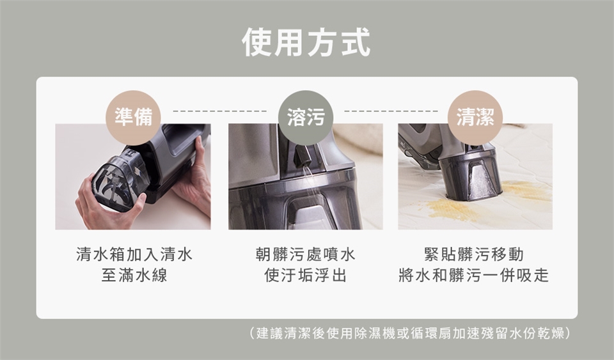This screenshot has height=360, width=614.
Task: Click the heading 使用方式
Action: point(306,43)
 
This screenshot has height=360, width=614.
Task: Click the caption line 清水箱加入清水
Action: point(133,254)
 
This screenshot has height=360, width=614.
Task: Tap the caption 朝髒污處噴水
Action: point(305,254)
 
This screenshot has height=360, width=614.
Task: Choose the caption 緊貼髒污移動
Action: point(474,254)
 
